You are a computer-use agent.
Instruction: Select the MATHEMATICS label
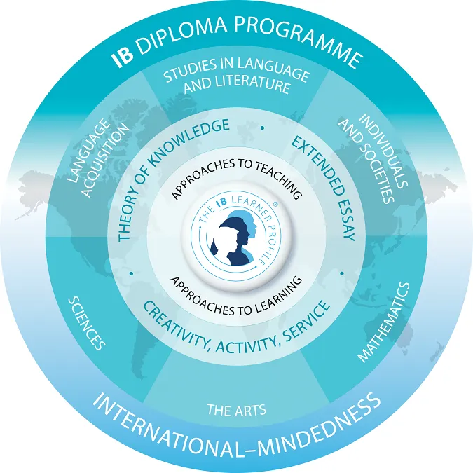pyautogui.click(x=383, y=322)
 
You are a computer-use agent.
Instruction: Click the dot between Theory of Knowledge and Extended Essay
pyautogui.click(x=262, y=128)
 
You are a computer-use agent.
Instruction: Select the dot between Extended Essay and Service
pyautogui.click(x=342, y=271)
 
